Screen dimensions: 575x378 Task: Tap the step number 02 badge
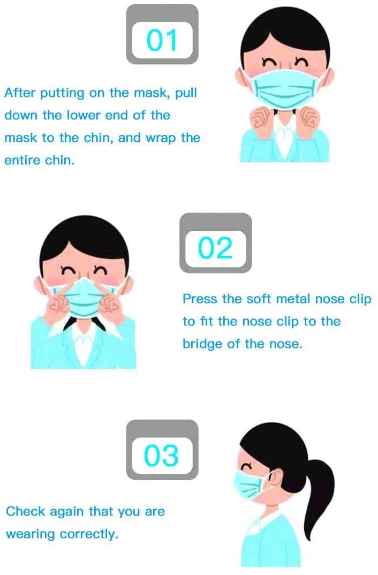click(x=215, y=248)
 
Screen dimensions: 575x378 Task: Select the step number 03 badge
click(x=162, y=455)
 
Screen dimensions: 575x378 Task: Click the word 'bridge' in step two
click(x=202, y=344)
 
